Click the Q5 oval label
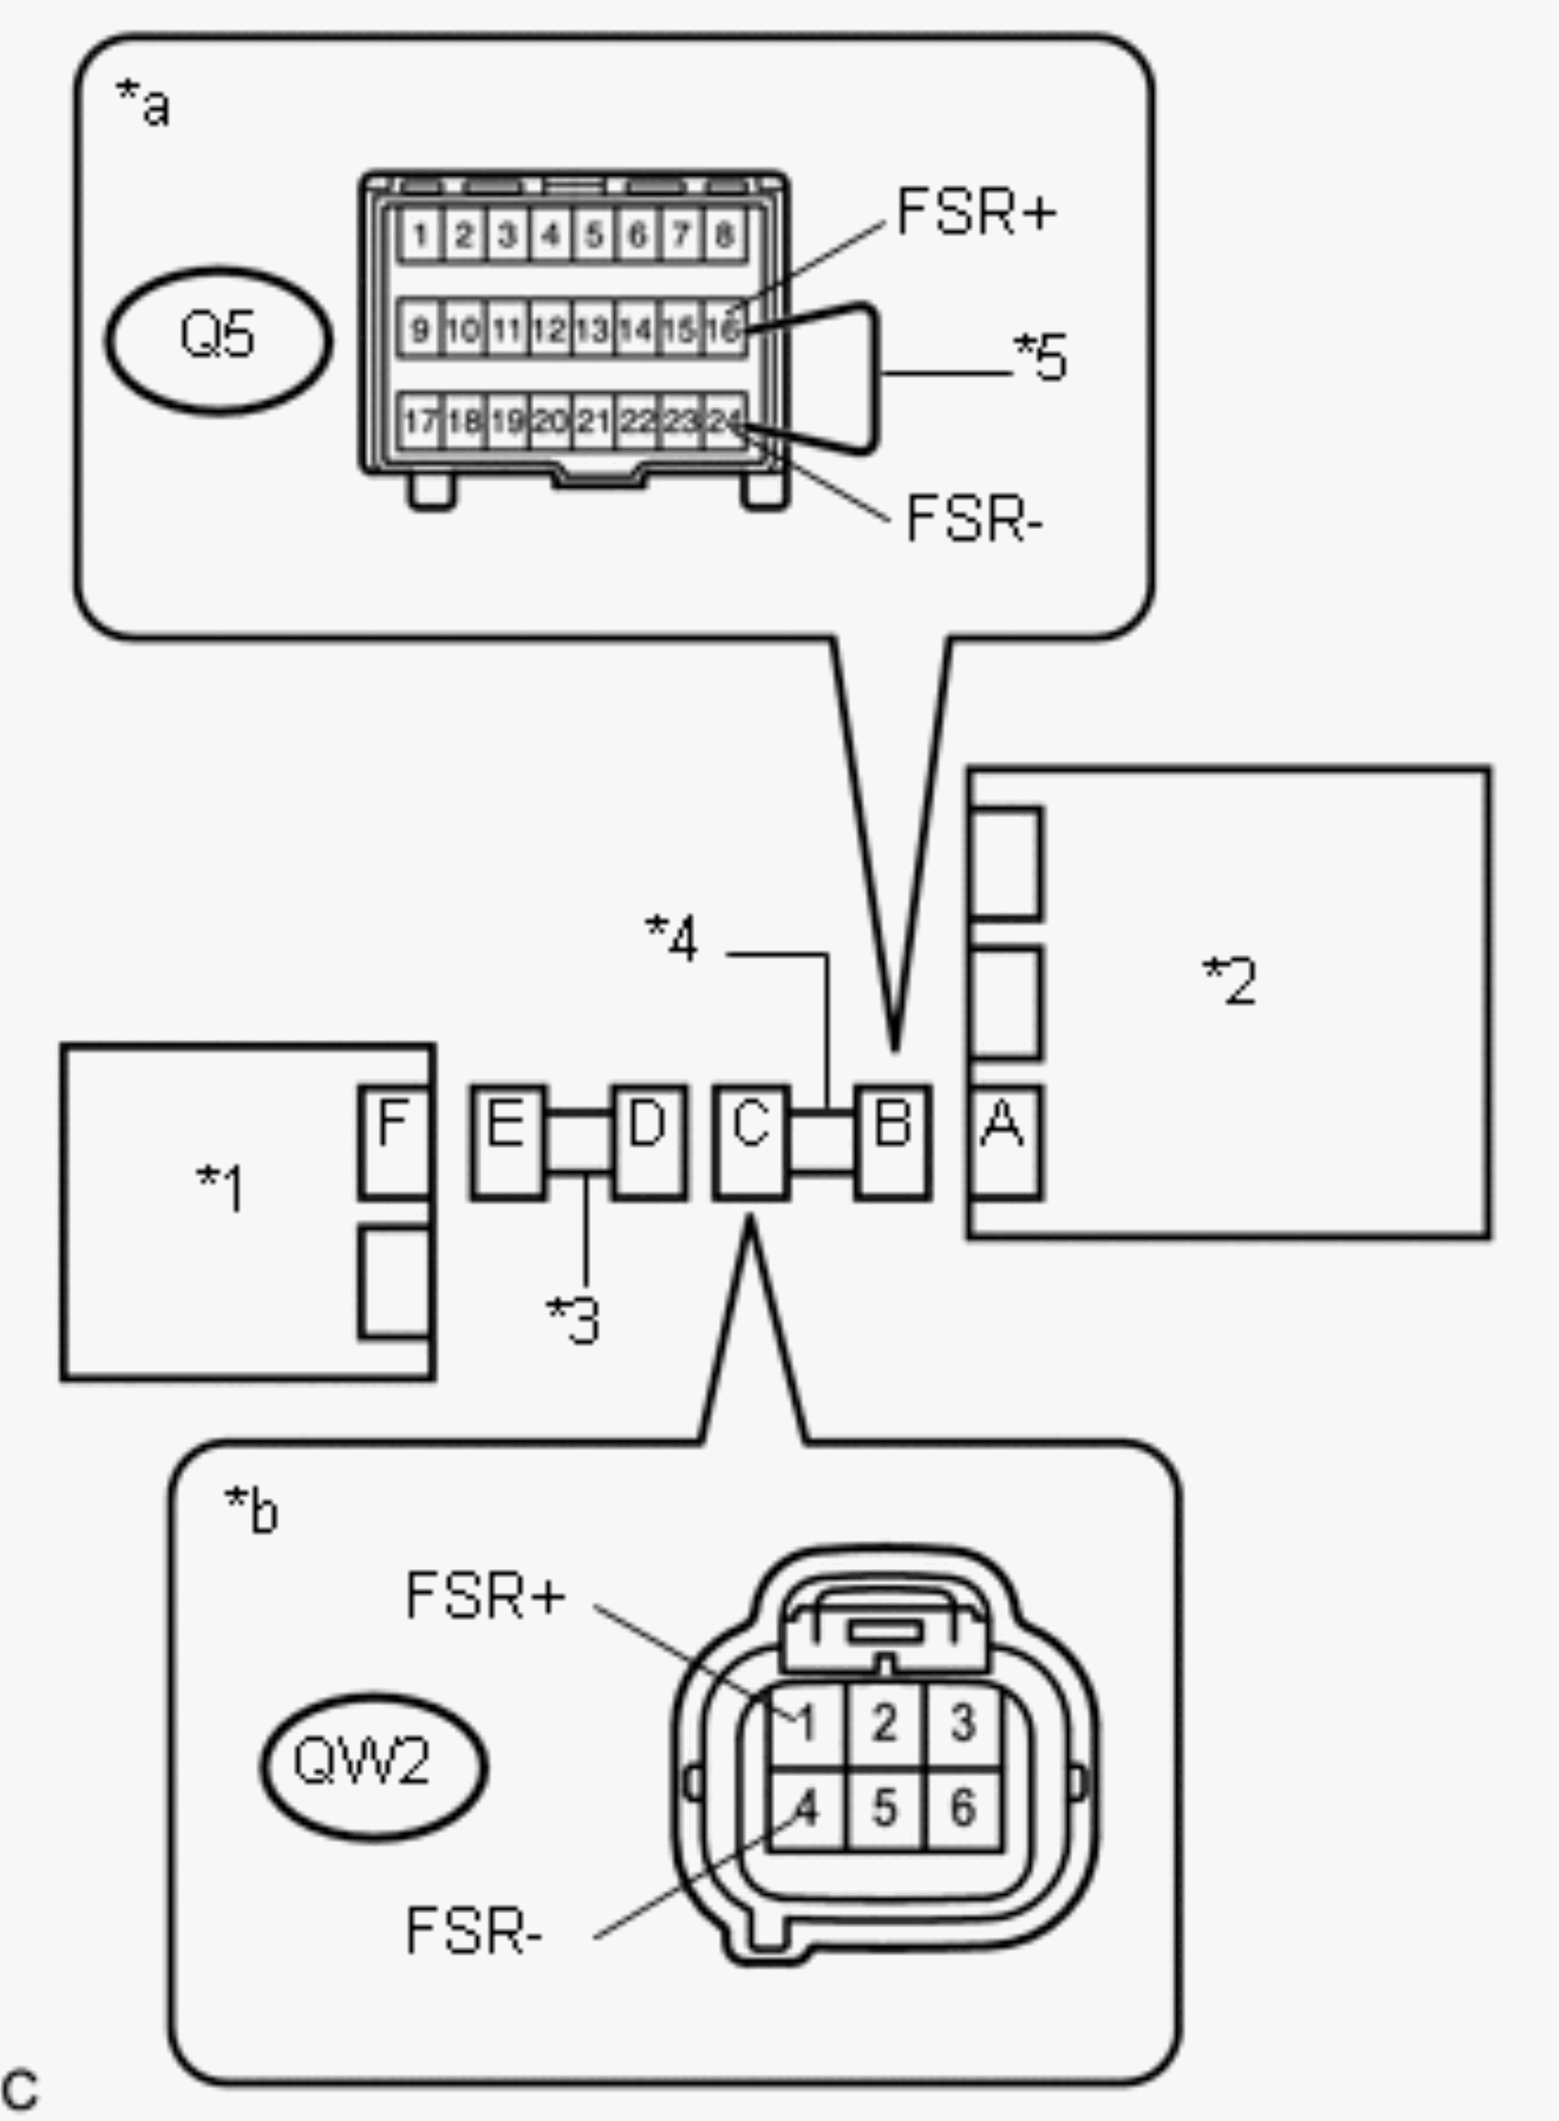218,340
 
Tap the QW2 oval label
375,1765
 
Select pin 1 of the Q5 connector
421,235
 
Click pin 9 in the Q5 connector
421,329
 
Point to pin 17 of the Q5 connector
421,421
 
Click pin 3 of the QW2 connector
962,1723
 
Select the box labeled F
395,1142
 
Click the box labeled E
509,1142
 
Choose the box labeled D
649,1142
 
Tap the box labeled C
751,1142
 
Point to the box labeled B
893,1142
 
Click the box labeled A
1006,1142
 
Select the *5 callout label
1040,356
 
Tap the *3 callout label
574,1319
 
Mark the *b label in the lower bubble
251,1510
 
